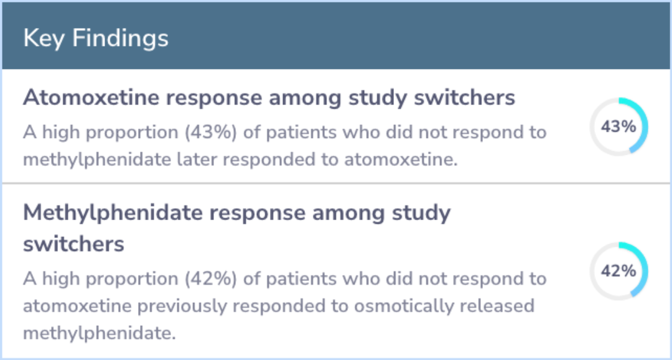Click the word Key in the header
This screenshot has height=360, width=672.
tap(44, 39)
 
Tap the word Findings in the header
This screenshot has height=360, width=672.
tap(121, 39)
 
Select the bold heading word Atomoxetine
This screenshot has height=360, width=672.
tap(91, 97)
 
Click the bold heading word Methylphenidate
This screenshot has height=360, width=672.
tap(113, 212)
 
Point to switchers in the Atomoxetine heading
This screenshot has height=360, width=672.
tap(464, 97)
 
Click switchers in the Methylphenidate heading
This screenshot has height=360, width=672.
tap(73, 244)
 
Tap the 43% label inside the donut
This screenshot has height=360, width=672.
tap(618, 126)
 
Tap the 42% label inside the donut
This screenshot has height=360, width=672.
tap(618, 270)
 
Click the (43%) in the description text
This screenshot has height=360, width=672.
tap(211, 132)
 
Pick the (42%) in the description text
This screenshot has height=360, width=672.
tap(211, 279)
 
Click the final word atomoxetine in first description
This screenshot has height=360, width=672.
tap(401, 159)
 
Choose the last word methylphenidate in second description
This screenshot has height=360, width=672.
tap(100, 333)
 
